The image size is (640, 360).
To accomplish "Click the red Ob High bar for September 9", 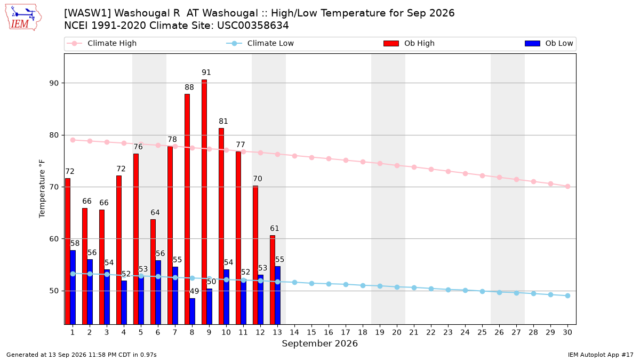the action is click(204, 202).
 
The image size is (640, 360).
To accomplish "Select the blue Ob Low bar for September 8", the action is click(193, 311).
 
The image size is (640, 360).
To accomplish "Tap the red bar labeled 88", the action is click(187, 209).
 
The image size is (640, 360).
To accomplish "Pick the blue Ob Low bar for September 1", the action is click(73, 287).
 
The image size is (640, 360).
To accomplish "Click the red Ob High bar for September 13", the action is click(273, 280).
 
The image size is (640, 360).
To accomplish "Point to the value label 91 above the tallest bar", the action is click(206, 73).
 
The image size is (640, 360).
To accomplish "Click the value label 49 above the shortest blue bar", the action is click(194, 291).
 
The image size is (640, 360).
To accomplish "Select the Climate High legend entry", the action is click(102, 43).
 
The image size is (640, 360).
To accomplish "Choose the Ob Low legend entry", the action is click(549, 43).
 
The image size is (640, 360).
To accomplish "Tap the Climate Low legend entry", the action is click(260, 43).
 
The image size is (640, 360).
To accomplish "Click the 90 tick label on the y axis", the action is click(54, 83).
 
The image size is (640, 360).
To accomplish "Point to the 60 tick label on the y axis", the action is click(54, 239).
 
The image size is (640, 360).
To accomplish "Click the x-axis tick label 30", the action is click(567, 332).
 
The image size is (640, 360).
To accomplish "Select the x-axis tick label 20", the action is click(397, 332).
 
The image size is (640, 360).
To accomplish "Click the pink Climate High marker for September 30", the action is click(567, 186).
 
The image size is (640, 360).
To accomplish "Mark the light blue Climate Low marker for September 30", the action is click(567, 295).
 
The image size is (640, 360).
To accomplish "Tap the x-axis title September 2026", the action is click(319, 343).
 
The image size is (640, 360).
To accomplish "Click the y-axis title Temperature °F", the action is click(42, 189).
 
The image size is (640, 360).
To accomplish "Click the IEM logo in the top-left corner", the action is click(23, 18).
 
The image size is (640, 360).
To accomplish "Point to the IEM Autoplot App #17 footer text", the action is click(601, 355).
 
